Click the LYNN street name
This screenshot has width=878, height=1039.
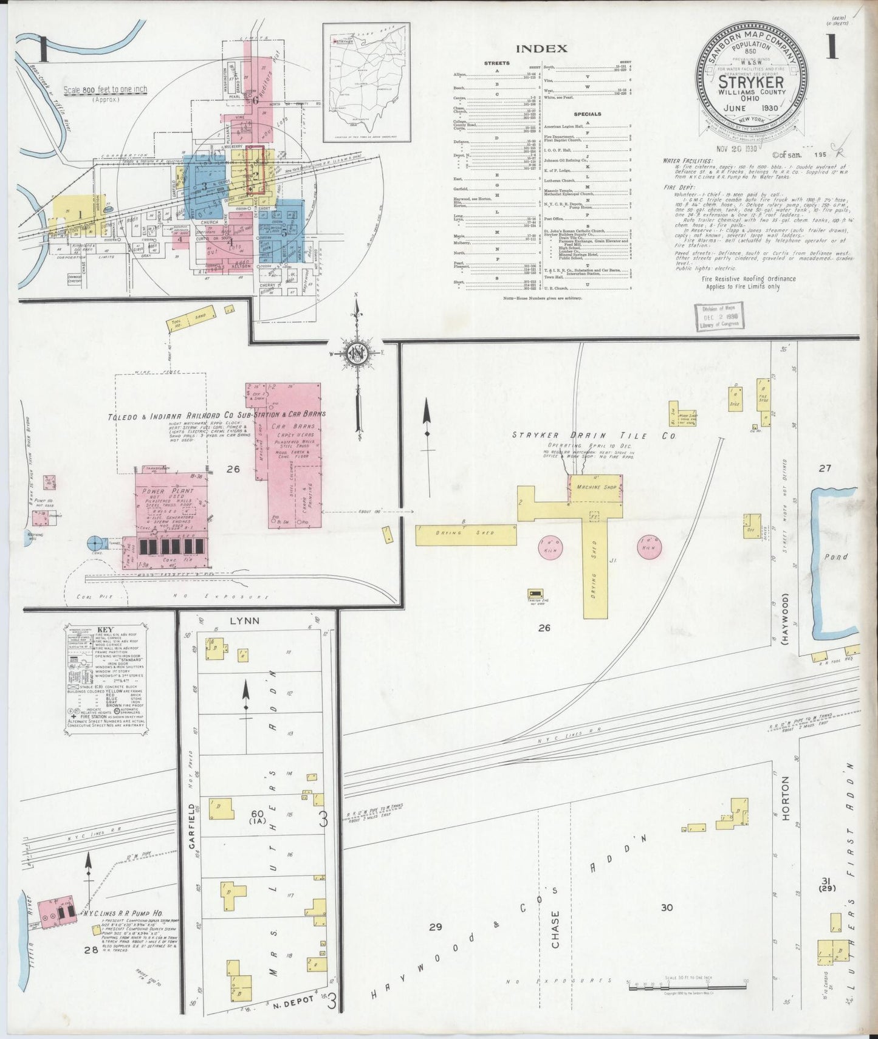[x=245, y=621]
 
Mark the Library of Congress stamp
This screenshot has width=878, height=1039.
[x=719, y=317]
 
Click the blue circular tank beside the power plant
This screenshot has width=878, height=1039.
[x=96, y=544]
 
